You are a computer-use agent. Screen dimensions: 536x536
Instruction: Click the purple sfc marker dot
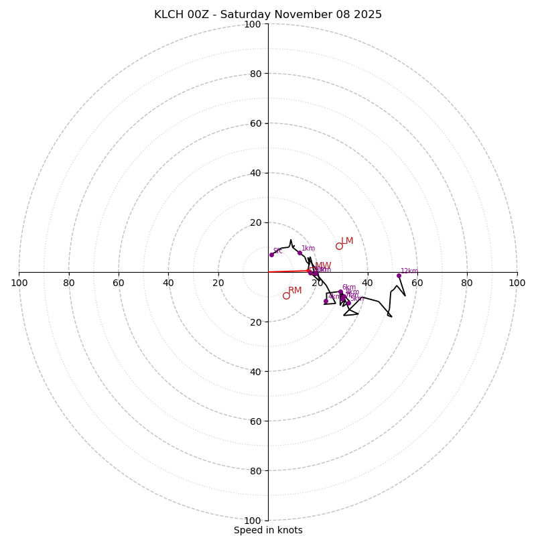click(x=271, y=255)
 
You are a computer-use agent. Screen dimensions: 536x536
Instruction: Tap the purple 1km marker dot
click(x=299, y=253)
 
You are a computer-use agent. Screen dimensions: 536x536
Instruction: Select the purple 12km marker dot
click(x=399, y=275)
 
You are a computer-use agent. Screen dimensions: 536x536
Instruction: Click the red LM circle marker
click(x=339, y=246)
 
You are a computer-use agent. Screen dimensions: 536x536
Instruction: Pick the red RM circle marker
click(x=286, y=295)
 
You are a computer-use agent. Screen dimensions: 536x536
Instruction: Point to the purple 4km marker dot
click(x=326, y=301)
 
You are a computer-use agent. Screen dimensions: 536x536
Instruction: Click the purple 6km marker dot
click(x=340, y=292)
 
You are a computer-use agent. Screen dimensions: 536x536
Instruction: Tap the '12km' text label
click(x=409, y=271)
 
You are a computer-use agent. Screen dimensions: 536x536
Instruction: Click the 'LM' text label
click(x=347, y=241)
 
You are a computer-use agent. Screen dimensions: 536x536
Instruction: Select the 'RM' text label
click(x=295, y=290)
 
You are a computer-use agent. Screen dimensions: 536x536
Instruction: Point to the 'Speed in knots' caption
click(x=268, y=530)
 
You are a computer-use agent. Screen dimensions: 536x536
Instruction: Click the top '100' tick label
click(x=252, y=24)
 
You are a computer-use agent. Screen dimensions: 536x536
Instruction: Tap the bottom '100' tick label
click(x=252, y=520)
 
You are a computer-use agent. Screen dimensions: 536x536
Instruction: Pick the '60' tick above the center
click(x=255, y=123)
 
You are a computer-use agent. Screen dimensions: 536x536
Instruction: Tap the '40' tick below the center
click(x=255, y=371)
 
